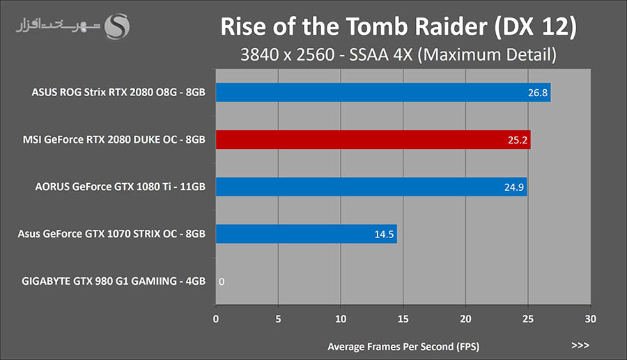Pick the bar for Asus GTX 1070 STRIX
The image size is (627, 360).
(307, 234)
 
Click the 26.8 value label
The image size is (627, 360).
(537, 93)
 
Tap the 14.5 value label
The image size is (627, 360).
(384, 234)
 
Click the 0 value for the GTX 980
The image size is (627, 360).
(222, 281)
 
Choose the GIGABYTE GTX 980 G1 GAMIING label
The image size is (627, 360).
(114, 281)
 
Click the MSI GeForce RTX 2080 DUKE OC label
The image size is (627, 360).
(114, 139)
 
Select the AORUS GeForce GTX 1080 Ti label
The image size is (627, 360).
(120, 187)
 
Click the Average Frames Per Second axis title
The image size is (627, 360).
(403, 345)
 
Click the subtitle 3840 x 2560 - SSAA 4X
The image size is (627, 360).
(398, 54)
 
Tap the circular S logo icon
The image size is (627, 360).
(117, 28)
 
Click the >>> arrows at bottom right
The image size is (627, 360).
(580, 345)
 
